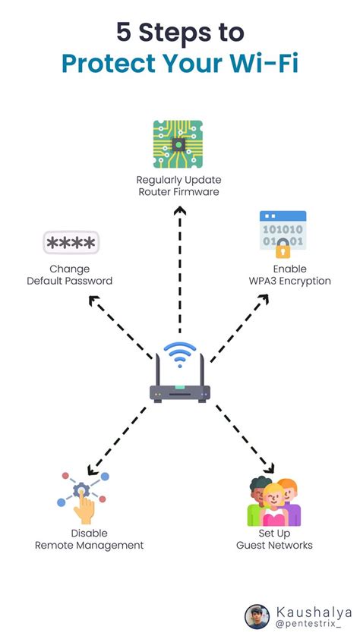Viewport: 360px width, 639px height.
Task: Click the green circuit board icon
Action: tap(179, 144)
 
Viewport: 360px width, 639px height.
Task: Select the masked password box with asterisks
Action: tap(71, 244)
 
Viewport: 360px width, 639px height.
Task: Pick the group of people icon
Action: tap(273, 502)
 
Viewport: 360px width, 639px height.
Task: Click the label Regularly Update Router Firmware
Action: tap(179, 186)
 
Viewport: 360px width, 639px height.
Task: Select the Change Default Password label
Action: tap(70, 275)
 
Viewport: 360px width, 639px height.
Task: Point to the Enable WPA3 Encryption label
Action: tap(291, 275)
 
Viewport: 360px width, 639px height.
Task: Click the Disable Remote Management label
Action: tap(89, 539)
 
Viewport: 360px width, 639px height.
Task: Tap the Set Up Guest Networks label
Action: tap(274, 539)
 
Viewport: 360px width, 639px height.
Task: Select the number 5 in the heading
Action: tap(123, 32)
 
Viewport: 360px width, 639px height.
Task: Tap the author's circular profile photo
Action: tap(257, 616)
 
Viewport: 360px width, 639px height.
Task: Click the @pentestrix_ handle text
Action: tap(308, 623)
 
